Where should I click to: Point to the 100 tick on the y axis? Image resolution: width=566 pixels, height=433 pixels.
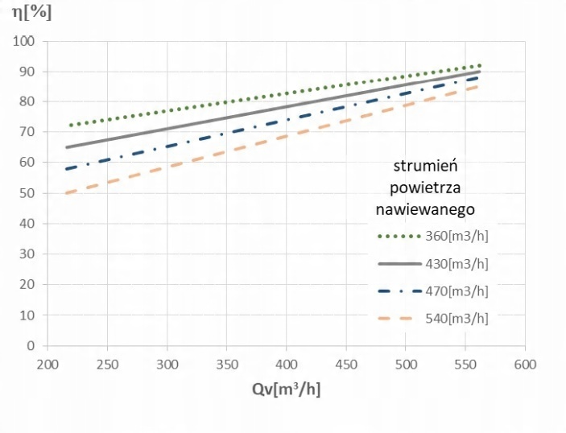coord(27,41)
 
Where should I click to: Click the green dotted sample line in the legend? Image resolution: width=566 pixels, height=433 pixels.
coord(399,237)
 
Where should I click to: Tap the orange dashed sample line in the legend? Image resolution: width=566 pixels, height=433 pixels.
coord(399,318)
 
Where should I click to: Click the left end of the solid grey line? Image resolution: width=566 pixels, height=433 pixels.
coord(67,147)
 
